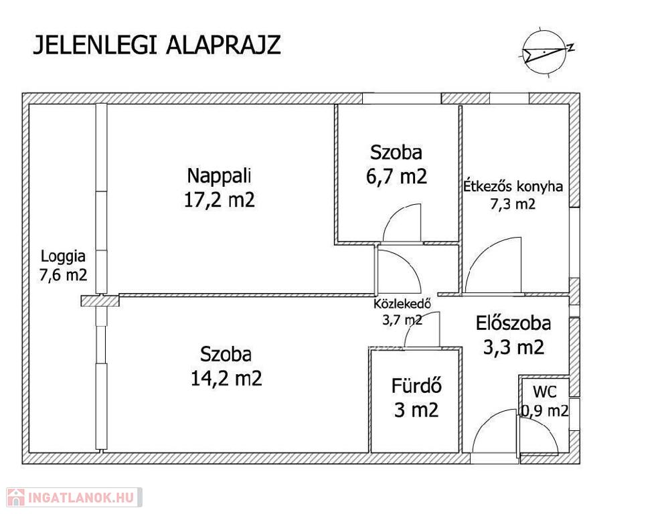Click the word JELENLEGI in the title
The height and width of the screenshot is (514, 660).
click(x=95, y=45)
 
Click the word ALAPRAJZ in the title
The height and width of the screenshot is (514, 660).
click(x=224, y=45)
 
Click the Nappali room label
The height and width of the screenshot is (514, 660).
click(x=219, y=175)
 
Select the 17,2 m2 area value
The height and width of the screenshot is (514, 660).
click(x=220, y=199)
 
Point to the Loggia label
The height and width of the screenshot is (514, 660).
click(x=63, y=256)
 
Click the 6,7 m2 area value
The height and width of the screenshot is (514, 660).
click(x=396, y=177)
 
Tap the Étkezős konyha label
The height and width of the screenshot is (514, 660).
click(x=513, y=187)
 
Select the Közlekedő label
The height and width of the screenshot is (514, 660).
click(x=402, y=303)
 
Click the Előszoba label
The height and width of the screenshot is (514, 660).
click(x=513, y=323)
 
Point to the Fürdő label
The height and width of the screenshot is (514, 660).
click(x=416, y=386)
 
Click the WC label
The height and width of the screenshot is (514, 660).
click(x=545, y=392)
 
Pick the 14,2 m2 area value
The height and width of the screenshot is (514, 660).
click(x=226, y=378)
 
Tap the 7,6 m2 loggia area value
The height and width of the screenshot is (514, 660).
click(x=63, y=275)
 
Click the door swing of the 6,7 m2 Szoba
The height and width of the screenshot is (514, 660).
click(x=396, y=215)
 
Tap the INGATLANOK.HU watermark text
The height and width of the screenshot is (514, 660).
click(x=81, y=497)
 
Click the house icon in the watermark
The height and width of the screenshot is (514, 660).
click(x=16, y=497)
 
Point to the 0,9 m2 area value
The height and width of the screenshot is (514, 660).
click(x=545, y=410)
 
